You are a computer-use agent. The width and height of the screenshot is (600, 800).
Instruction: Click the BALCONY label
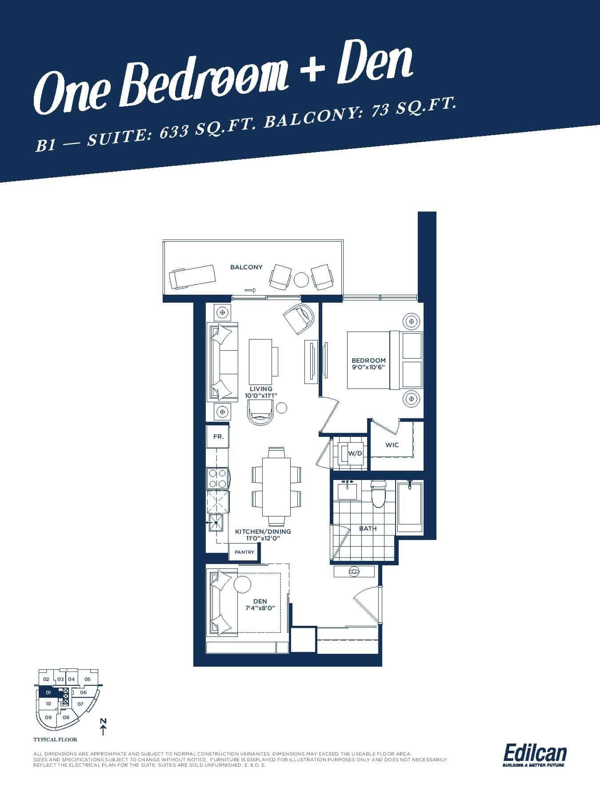click(246, 267)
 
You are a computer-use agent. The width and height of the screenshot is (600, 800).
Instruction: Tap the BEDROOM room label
click(368, 360)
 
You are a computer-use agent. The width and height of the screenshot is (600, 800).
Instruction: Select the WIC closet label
click(392, 445)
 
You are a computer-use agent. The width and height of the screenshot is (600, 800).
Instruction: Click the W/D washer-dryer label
click(355, 454)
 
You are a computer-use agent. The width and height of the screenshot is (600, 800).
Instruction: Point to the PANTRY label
click(244, 552)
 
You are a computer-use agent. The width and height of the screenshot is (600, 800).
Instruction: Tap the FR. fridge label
click(218, 437)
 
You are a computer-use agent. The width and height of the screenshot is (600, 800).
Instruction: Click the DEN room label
click(260, 601)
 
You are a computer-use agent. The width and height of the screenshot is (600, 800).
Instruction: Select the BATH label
click(368, 528)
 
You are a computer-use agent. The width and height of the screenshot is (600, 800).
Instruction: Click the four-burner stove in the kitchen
click(217, 479)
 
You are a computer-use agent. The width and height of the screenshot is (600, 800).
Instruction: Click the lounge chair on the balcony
click(192, 277)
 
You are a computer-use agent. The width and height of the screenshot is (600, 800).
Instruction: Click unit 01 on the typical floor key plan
click(48, 692)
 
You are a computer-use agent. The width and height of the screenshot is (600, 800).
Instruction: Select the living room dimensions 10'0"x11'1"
click(261, 395)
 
